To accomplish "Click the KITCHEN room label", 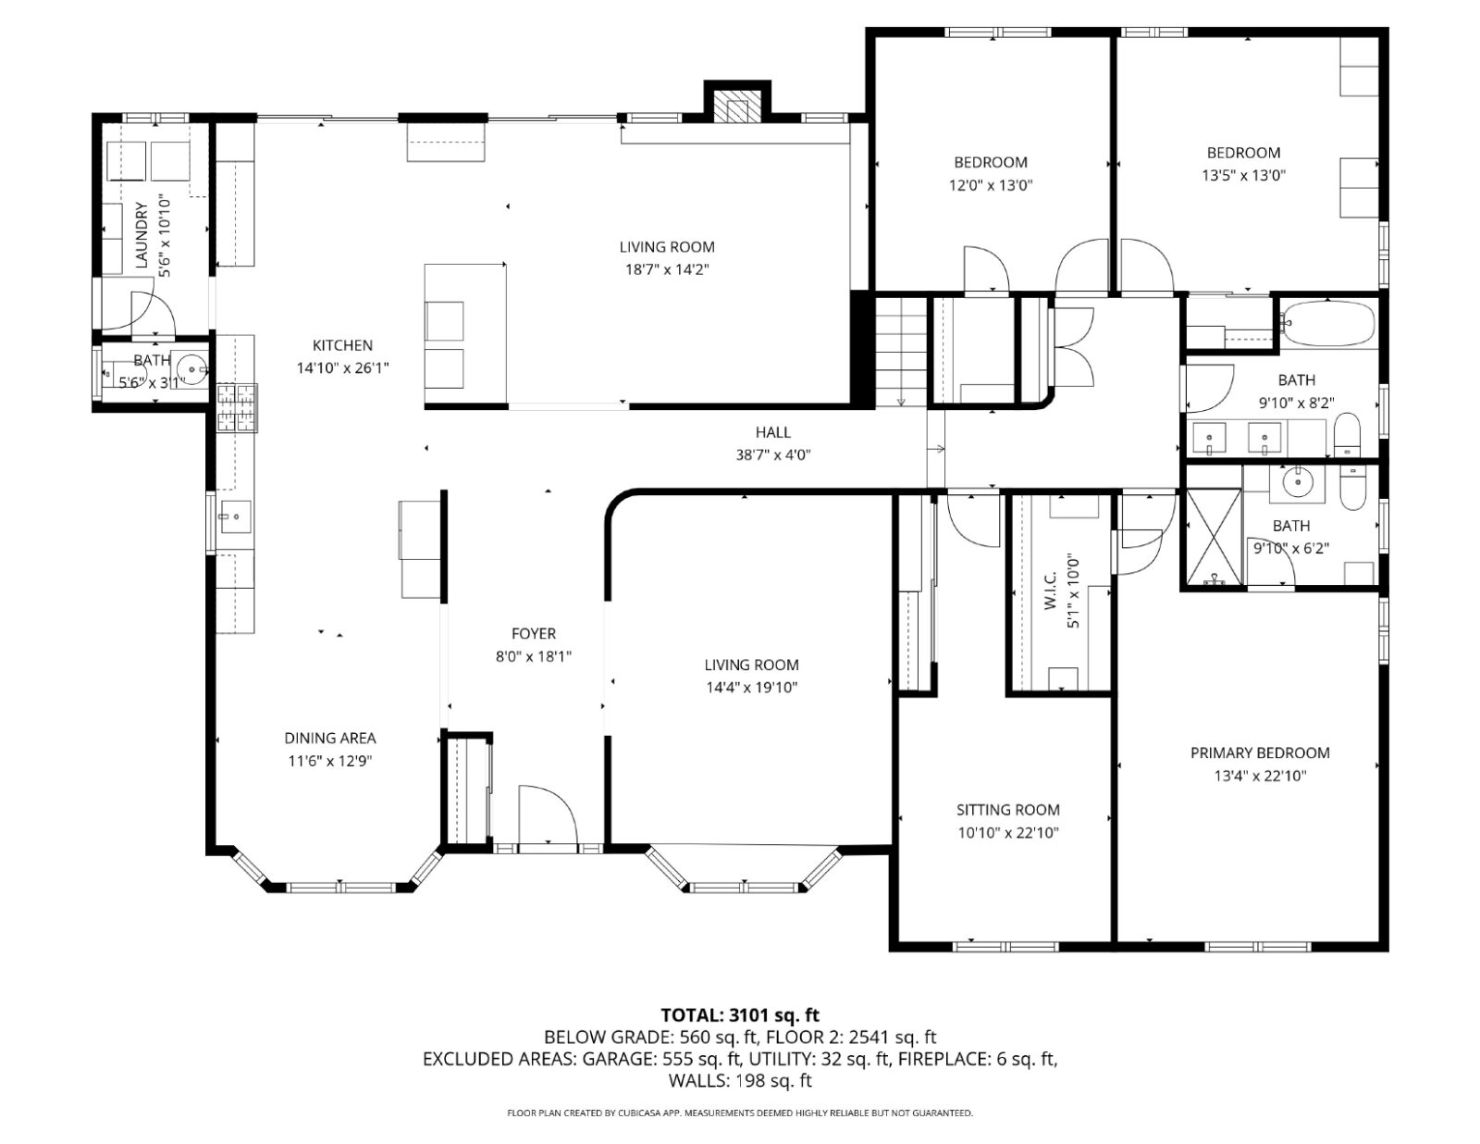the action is click(x=342, y=345).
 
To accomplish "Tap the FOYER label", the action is click(x=534, y=634).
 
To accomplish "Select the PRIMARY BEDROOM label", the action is click(x=1259, y=752).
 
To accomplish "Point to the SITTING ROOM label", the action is click(x=1008, y=810).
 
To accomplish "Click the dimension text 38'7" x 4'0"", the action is click(x=773, y=454).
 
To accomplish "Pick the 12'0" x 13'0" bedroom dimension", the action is click(x=991, y=185).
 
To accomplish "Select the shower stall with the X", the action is click(x=1215, y=538).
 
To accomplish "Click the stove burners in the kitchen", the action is click(x=238, y=407).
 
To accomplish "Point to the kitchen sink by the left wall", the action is click(x=234, y=516).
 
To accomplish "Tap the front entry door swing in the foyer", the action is click(x=549, y=814).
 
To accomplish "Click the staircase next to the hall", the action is click(x=901, y=353).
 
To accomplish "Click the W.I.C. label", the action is click(x=1049, y=591).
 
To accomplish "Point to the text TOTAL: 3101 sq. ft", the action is click(x=740, y=1015).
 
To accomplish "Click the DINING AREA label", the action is click(x=330, y=738).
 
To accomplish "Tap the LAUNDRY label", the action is click(x=142, y=234).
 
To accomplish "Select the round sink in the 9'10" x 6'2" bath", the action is click(x=1298, y=482).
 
